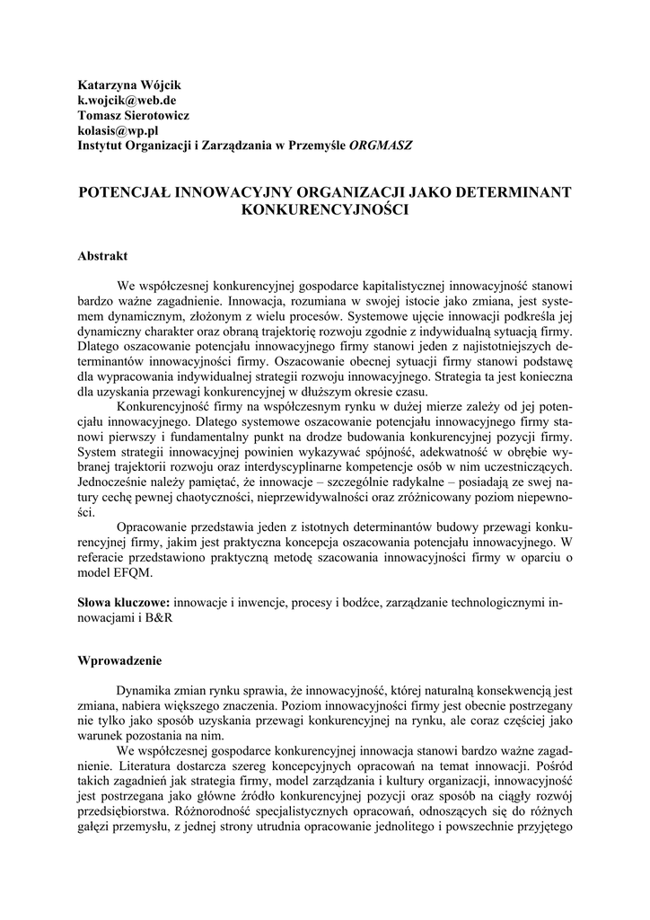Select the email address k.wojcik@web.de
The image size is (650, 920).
tap(127, 101)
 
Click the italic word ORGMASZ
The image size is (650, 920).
tap(382, 146)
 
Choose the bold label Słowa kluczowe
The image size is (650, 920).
tap(124, 602)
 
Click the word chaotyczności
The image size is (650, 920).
tap(205, 498)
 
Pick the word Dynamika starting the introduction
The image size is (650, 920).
tap(146, 691)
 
